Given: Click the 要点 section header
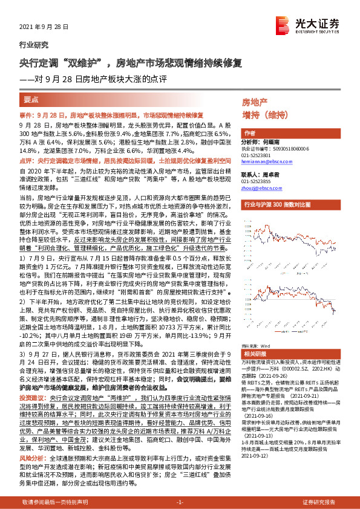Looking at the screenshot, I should (31, 99).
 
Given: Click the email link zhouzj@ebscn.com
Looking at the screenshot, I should (261, 189).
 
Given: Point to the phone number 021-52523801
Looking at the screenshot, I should (258, 155).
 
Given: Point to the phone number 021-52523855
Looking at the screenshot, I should (258, 181).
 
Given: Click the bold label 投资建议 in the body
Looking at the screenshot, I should (33, 399).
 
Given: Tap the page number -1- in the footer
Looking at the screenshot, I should (179, 502).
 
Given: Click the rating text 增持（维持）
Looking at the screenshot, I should (264, 114).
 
